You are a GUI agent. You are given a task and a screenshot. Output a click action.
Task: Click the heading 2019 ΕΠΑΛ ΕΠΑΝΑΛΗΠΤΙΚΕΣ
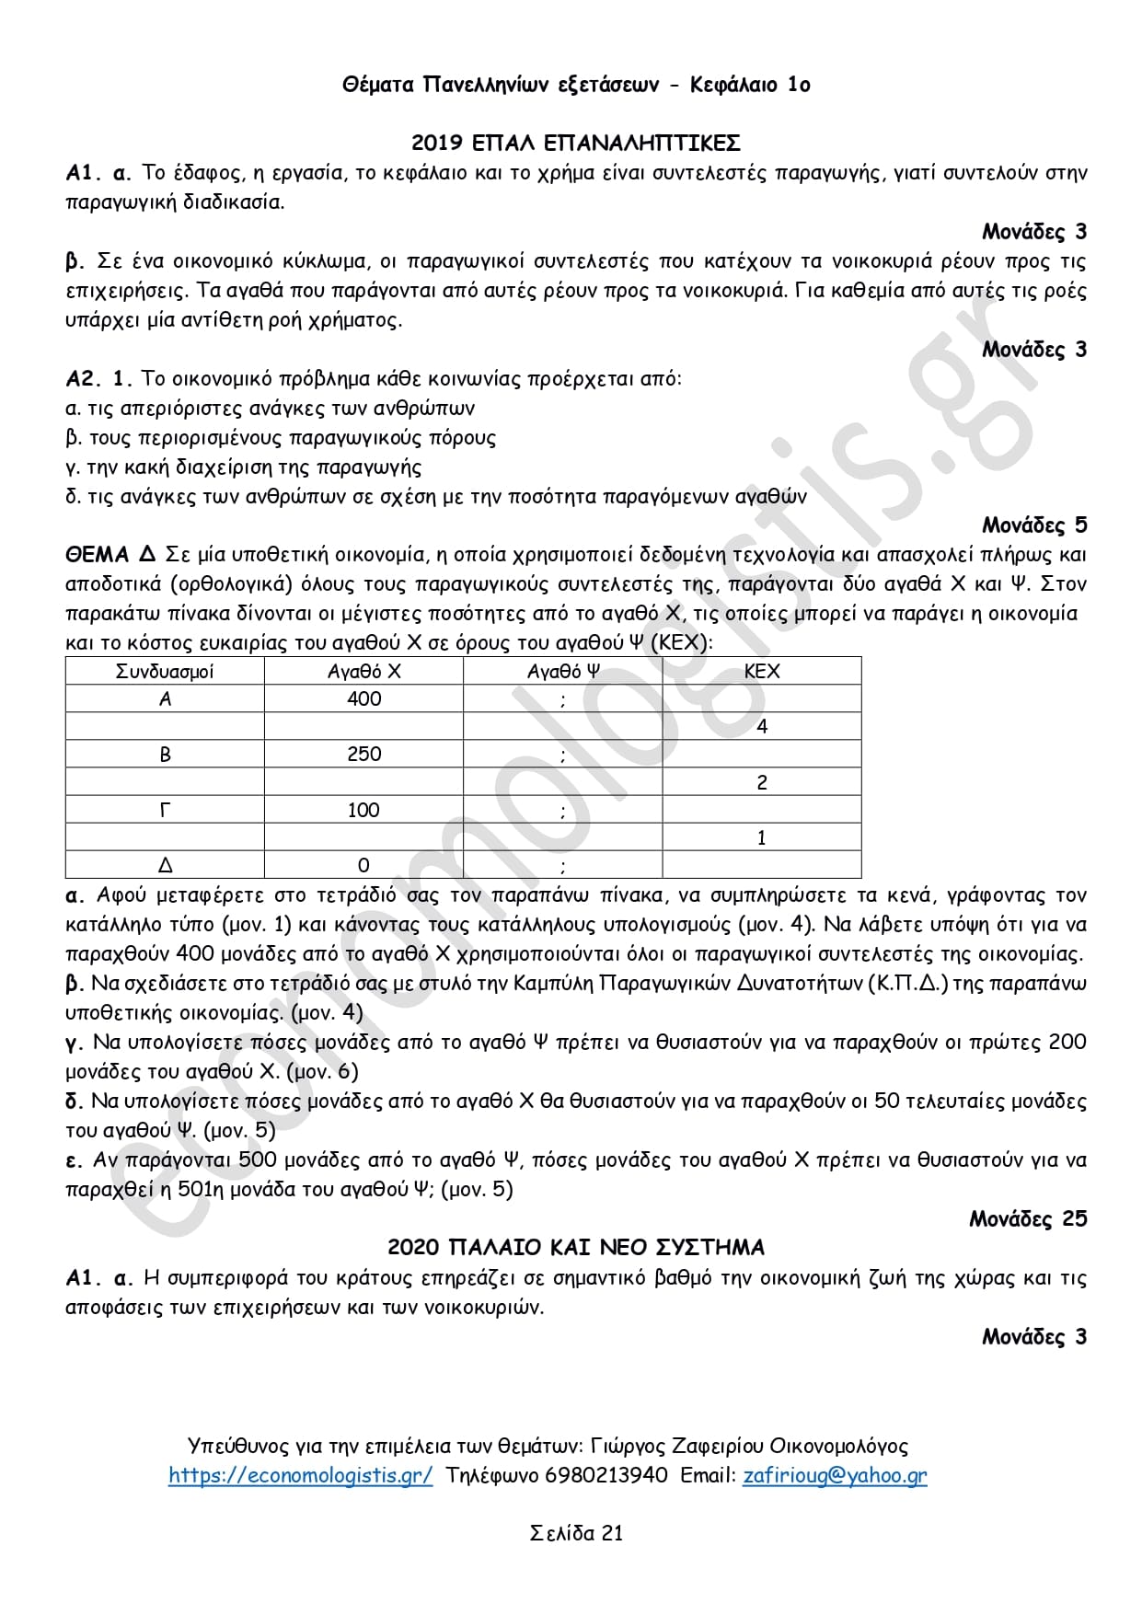click(x=575, y=143)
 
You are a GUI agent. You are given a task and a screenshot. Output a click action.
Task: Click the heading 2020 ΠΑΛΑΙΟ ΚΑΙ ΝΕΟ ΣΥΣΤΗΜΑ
click(x=575, y=1248)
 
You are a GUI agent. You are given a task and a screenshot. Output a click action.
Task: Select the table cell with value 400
click(x=363, y=699)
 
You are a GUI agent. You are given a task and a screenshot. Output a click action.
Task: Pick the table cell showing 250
click(x=363, y=755)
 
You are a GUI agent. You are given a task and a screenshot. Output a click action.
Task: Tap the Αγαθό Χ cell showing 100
click(x=363, y=810)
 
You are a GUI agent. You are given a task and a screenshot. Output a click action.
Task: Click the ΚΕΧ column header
click(x=761, y=672)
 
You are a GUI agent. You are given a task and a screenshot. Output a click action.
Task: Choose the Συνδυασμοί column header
click(x=165, y=672)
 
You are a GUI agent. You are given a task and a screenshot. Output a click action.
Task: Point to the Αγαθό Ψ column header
click(x=562, y=672)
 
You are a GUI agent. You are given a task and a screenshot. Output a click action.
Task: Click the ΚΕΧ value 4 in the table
click(x=761, y=727)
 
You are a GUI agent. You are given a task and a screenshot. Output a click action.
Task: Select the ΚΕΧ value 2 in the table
click(x=761, y=782)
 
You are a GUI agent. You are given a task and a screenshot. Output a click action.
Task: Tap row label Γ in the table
click(x=165, y=810)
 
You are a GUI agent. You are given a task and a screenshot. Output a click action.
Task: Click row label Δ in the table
click(x=165, y=865)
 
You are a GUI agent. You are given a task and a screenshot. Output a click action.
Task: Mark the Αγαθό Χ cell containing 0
click(x=363, y=865)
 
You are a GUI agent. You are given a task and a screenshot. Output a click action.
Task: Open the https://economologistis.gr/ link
click(x=300, y=1475)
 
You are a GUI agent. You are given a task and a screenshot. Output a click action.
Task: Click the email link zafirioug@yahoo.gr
click(x=835, y=1475)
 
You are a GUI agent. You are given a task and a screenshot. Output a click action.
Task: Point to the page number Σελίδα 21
click(x=576, y=1533)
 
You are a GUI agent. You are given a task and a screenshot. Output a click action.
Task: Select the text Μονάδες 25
click(x=1028, y=1219)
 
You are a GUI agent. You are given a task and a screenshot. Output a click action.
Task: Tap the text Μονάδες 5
click(x=1034, y=525)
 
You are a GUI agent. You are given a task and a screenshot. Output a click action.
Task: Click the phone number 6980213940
click(x=606, y=1475)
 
